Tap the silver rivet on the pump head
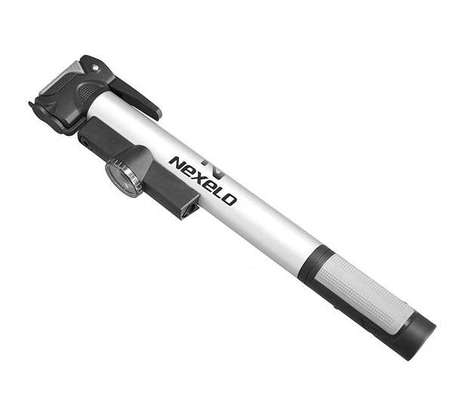(95, 68)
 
